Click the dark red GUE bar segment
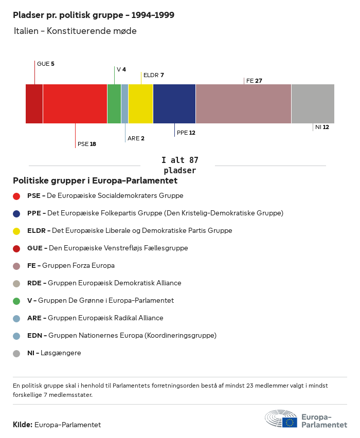tap(34, 104)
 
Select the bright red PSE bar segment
tap(75, 104)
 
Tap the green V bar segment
tap(114, 104)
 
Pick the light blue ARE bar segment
tap(124, 104)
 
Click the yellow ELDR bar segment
tap(140, 104)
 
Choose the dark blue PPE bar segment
tap(174, 104)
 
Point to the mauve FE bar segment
tap(243, 104)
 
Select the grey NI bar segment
tap(313, 104)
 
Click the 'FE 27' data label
tap(254, 81)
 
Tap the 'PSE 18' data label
tap(86, 144)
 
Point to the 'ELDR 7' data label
tap(153, 75)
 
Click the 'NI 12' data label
tap(322, 127)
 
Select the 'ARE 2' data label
tap(136, 138)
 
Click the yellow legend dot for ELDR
tap(16, 231)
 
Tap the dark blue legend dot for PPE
tap(16, 213)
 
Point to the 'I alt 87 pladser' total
tap(179, 165)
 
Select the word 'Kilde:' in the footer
tap(23, 425)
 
